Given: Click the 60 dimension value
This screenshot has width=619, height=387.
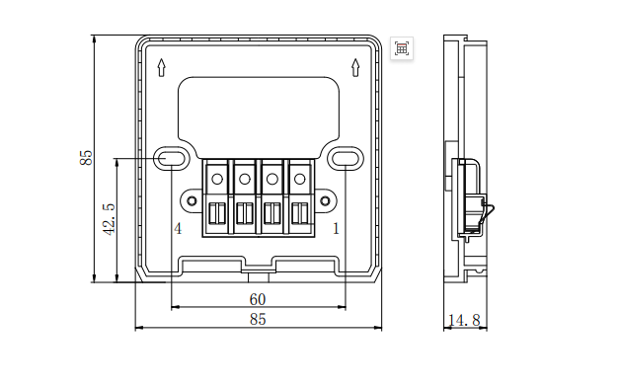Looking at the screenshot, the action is point(258,299).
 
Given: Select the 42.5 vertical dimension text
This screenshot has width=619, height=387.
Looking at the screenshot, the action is point(109,219).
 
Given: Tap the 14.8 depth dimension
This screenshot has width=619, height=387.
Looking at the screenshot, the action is point(465,320).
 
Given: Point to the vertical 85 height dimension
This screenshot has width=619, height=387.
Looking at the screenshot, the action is point(86,158).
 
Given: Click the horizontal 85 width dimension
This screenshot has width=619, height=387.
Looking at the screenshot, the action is point(258,319).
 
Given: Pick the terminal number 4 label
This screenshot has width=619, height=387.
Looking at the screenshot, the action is point(178,229).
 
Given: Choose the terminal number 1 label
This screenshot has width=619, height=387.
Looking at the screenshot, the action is point(336,229).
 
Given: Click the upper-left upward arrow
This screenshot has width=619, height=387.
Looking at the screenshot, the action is point(161,67).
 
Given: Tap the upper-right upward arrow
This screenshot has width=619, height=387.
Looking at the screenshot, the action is point(355,67).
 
